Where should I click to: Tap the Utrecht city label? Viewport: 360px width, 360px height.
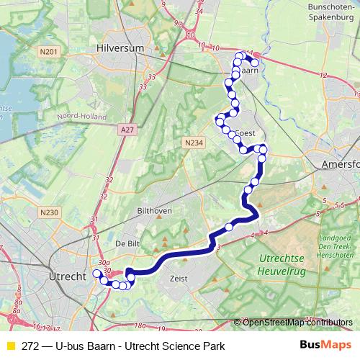click(66, 276)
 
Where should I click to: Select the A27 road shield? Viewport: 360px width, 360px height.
click(127, 130)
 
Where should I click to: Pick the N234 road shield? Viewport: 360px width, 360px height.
click(192, 143)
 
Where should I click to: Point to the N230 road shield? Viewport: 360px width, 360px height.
click(48, 212)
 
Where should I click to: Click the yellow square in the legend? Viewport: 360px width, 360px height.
click(11, 346)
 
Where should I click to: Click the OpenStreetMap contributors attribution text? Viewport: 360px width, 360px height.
click(297, 323)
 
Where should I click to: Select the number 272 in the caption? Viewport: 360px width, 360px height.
click(31, 346)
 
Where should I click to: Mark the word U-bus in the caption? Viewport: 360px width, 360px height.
click(75, 346)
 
